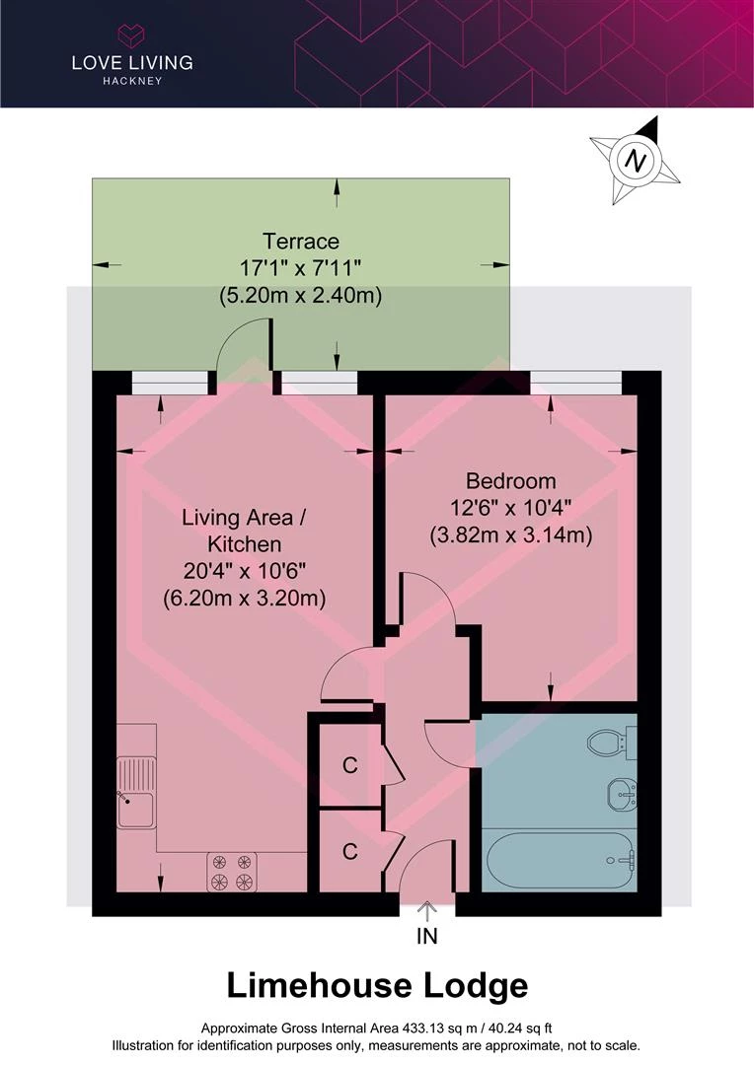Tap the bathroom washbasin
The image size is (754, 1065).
tap(622, 793)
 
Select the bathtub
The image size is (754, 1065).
tap(560, 859)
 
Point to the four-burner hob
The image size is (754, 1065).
tap(232, 872)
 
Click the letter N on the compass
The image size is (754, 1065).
tap(636, 161)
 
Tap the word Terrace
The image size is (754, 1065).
tap(300, 242)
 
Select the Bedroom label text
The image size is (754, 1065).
tap(510, 481)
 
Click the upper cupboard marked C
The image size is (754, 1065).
tap(349, 765)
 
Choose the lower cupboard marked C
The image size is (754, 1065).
tap(349, 851)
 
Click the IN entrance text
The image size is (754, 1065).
tap(427, 937)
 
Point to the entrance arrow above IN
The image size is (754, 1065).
tap(427, 911)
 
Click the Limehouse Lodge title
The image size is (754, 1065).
tap(377, 986)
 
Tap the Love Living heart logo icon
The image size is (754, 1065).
tap(131, 35)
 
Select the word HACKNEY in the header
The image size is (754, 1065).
tap(132, 81)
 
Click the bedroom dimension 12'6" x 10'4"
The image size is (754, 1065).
tap(510, 508)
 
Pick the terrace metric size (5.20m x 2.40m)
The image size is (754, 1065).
tap(300, 296)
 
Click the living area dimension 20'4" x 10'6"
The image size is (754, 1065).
tap(244, 571)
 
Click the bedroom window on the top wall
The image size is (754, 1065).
tap(575, 383)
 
